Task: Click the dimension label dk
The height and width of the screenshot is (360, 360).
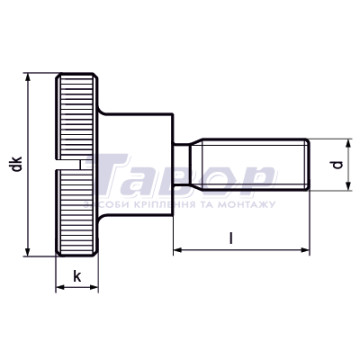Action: tap(17, 164)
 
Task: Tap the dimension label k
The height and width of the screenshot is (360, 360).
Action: tap(77, 276)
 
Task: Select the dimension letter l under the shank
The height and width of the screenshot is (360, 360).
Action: tap(231, 238)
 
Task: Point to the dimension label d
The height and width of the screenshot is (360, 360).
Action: tap(338, 164)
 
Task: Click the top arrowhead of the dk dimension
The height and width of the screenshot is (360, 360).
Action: tap(28, 77)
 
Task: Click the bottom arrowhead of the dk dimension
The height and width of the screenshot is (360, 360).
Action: tap(28, 252)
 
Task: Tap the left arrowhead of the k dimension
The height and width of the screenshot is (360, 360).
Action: tap(60, 287)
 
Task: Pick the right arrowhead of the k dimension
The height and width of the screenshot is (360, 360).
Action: tap(94, 287)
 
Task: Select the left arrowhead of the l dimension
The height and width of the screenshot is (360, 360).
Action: tap(178, 250)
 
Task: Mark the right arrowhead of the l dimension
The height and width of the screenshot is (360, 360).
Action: tap(305, 250)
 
